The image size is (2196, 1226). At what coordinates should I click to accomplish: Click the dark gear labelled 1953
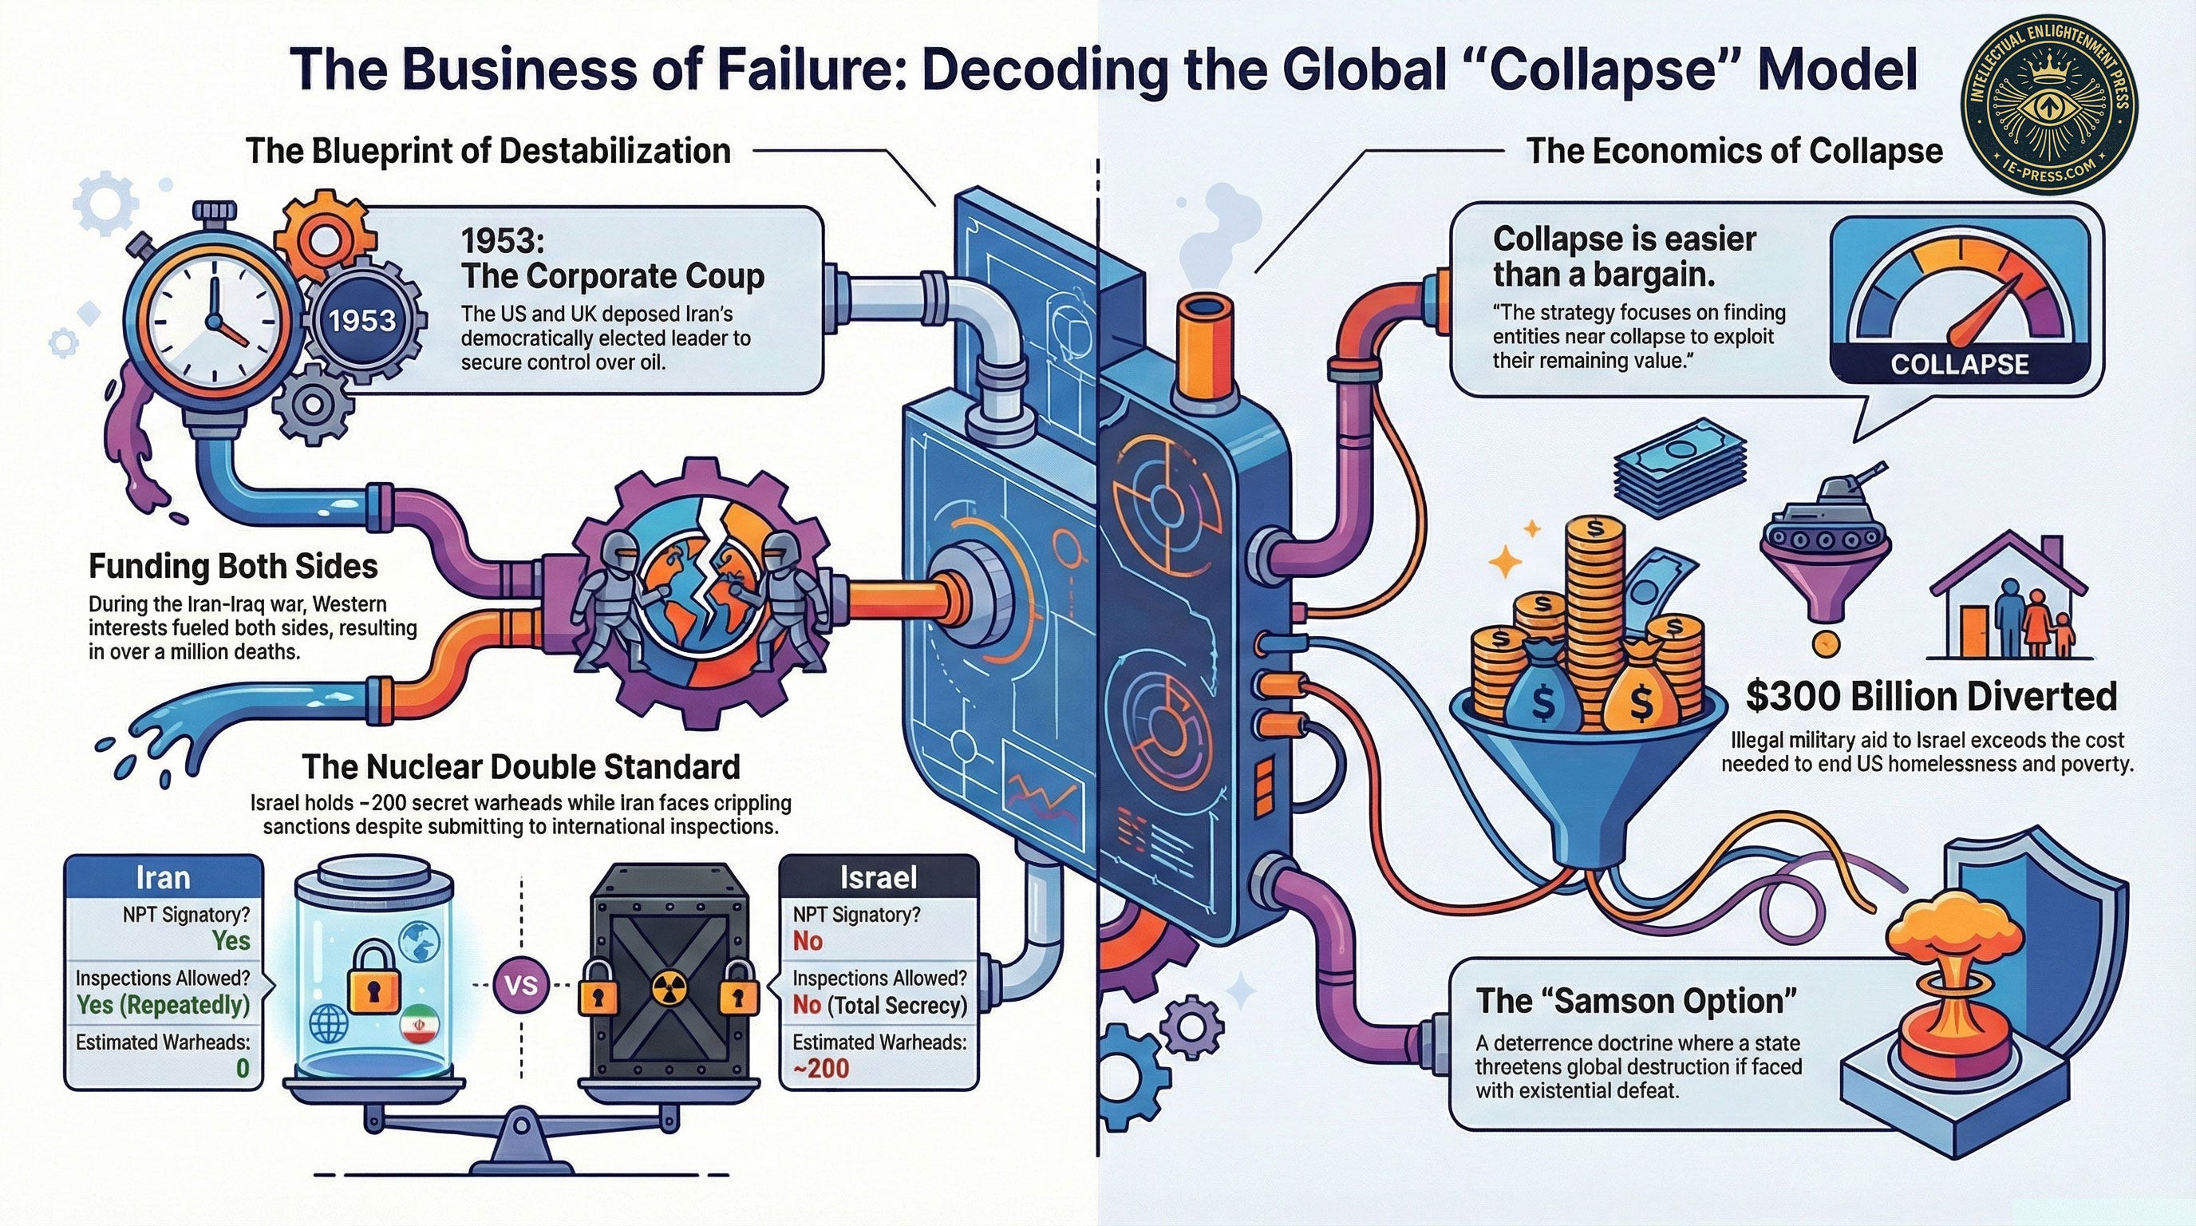click(x=362, y=321)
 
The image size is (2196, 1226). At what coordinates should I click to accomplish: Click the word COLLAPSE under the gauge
click(x=1959, y=364)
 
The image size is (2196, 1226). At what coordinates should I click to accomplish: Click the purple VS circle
click(x=521, y=985)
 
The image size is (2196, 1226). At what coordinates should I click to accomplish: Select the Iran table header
click(x=164, y=877)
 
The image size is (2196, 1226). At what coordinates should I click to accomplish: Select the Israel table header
click(x=878, y=877)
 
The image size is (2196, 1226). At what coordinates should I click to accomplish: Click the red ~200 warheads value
click(x=821, y=1068)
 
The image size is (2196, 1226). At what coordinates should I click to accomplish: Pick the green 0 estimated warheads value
click(x=242, y=1068)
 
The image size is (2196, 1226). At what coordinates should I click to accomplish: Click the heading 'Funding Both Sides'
click(x=234, y=566)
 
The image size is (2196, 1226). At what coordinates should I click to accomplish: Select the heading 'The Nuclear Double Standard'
click(x=520, y=766)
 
